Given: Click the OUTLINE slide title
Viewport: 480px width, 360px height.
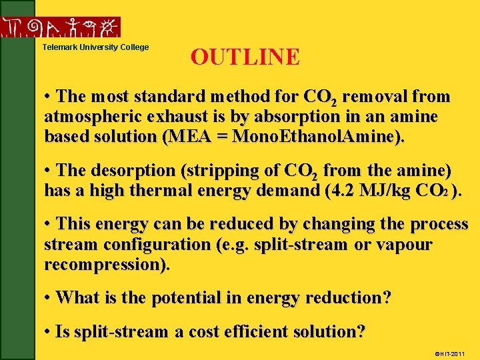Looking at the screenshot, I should [245, 57].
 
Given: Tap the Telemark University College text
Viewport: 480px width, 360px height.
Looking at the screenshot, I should [96, 47].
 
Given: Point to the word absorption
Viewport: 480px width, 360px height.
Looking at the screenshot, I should [246, 117].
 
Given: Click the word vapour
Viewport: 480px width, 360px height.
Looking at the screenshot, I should [406, 245].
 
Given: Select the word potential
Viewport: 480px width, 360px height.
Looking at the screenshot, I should [184, 298].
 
